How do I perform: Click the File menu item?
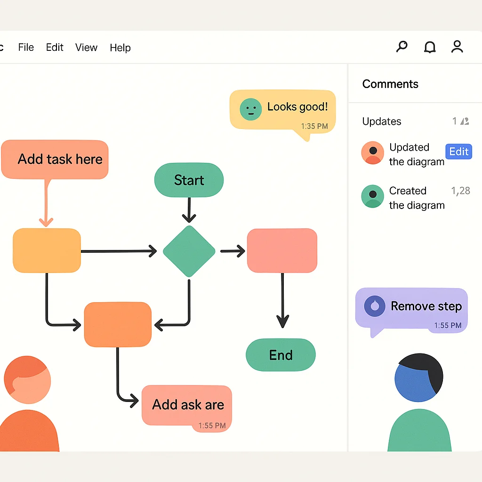coord(26,48)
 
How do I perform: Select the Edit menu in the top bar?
coord(55,48)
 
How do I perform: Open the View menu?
coord(86,48)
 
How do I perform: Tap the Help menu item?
coord(120,48)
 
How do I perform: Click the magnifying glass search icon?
coord(402,47)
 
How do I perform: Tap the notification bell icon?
coord(430,47)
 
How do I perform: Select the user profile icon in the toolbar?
coord(457,47)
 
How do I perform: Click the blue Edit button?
coord(458,152)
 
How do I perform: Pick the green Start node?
coord(189,180)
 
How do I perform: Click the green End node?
coord(281,355)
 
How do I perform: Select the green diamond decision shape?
coord(189,251)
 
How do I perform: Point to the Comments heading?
coord(390,84)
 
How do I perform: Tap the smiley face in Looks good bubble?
coord(250,109)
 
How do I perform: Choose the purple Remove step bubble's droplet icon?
coord(375,306)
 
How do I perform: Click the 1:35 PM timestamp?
coord(314,126)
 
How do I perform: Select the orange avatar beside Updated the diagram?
coord(372,153)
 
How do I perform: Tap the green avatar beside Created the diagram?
coord(372,196)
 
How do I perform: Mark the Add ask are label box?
coord(187,405)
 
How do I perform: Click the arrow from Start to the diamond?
coord(189,209)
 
